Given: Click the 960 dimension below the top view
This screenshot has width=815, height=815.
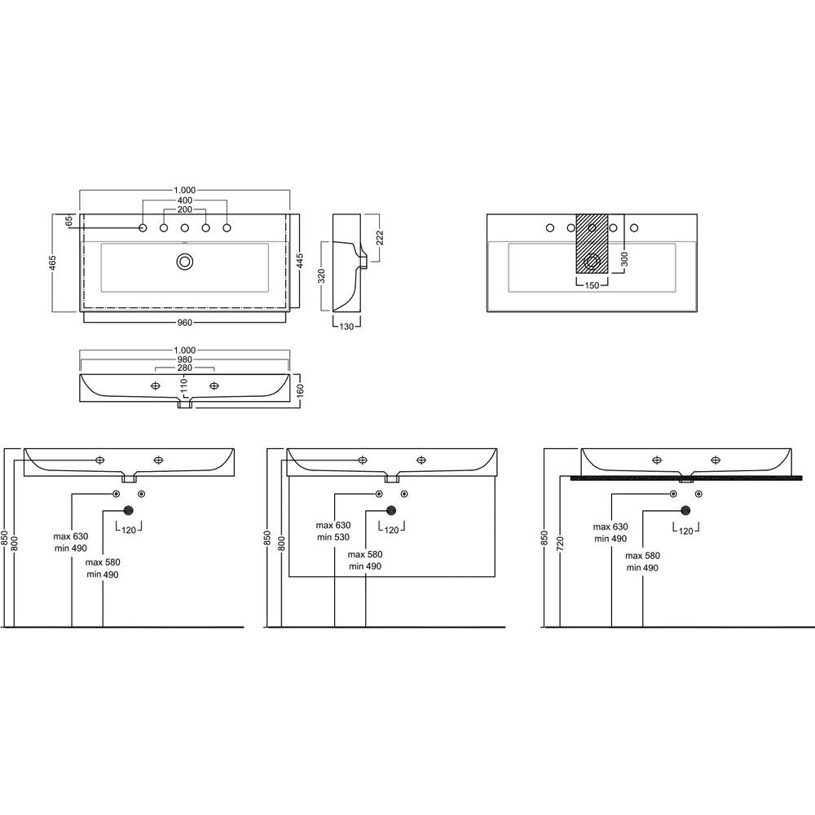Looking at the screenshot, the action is point(184,323).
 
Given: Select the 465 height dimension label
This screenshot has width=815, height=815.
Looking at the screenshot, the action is point(53,262).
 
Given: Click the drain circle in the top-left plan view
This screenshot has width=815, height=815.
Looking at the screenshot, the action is point(184,261).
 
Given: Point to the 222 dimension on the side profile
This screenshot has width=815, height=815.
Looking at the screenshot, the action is point(380,237).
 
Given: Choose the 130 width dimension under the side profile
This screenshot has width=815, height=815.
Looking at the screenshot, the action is point(346,327).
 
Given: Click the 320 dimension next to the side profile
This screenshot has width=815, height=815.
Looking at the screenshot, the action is point(322,275).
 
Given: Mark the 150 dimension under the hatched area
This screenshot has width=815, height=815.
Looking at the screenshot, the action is point(592,284).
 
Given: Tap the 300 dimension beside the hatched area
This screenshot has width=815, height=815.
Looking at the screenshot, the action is point(625,259).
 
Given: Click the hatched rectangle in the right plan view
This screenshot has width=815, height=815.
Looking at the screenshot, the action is point(592,243).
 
